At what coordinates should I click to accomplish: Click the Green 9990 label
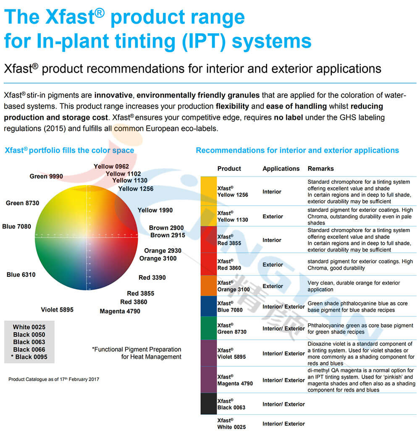pos(46,176)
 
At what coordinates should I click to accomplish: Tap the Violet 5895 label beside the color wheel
pos(57,310)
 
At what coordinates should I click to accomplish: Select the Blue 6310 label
pos(21,275)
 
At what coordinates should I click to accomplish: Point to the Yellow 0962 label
pos(111,167)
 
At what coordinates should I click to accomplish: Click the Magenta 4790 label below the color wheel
pos(120,311)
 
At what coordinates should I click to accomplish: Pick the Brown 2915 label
pos(168,235)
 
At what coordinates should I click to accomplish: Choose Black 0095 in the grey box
pos(29,357)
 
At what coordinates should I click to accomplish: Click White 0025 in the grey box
pos(29,327)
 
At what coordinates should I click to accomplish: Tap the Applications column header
pos(281,169)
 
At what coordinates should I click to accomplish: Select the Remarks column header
pos(320,169)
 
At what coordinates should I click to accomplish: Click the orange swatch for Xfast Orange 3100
pos(208,286)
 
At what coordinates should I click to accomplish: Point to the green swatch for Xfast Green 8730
pos(208,328)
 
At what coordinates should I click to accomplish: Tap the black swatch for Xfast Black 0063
pos(208,404)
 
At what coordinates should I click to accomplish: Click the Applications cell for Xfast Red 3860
pos(273,265)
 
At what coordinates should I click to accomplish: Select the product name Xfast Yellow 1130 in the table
pos(233,216)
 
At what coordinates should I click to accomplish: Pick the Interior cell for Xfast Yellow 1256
pos(272,192)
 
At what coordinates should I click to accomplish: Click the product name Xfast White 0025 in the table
pos(231,424)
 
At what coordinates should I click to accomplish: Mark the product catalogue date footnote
pos(54,379)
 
